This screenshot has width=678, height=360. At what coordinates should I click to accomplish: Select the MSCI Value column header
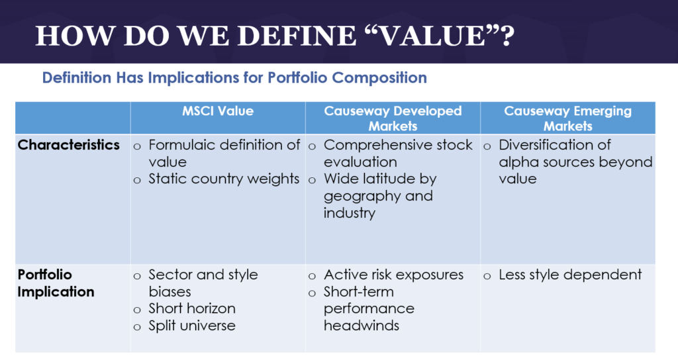(218, 111)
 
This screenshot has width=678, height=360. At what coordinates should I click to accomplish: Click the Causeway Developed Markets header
(393, 118)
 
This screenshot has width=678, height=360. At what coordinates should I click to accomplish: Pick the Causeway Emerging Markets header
(567, 118)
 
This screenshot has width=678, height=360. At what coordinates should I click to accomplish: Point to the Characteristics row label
(69, 145)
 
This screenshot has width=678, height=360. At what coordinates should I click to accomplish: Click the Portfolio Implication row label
(56, 283)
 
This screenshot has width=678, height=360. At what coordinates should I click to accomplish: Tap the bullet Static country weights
(224, 179)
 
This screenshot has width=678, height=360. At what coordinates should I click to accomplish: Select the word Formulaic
(180, 145)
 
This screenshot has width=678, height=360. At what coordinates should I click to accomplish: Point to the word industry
(350, 213)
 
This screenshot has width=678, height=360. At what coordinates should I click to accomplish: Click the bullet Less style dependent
(570, 275)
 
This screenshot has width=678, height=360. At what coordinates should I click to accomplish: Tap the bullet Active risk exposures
(393, 275)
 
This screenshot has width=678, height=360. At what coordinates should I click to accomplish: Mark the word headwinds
(362, 326)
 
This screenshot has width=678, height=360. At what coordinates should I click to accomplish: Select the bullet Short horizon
(192, 308)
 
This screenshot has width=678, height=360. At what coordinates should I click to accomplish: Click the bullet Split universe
(192, 326)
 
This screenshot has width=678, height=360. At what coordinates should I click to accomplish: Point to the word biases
(169, 292)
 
